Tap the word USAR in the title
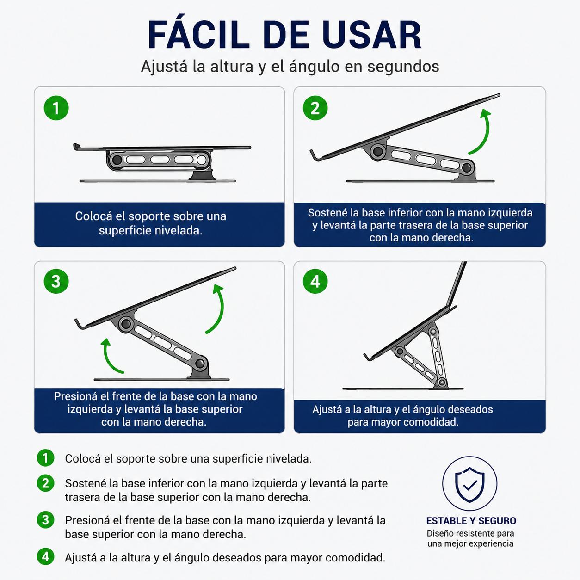tap(373, 35)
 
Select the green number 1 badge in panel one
tap(56, 108)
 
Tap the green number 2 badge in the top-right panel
tap(315, 108)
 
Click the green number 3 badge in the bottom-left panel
tap(56, 281)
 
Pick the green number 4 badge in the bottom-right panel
tap(315, 281)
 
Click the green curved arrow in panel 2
tap(487, 134)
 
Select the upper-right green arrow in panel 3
tap(221, 310)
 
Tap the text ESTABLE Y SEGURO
tap(471, 521)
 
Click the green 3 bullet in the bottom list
tap(45, 520)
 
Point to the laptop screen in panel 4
tap(457, 284)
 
